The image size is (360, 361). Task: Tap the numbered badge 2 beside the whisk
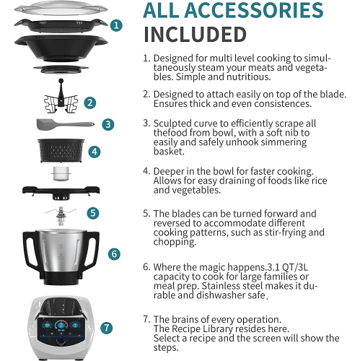click(89, 103)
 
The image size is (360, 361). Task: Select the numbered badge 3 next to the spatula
click(107, 124)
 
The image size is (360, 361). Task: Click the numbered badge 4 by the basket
click(95, 152)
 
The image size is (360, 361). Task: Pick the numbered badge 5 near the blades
click(94, 213)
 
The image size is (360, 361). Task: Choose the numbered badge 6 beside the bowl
click(113, 254)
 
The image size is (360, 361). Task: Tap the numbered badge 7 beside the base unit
click(106, 327)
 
